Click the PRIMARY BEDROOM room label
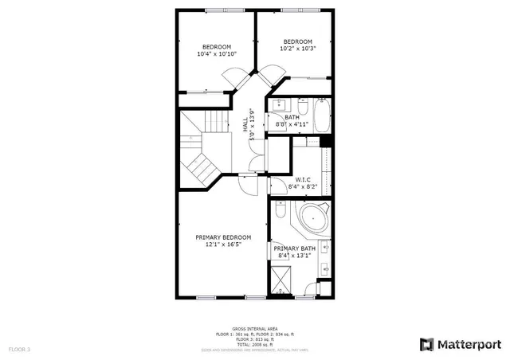pyautogui.click(x=223, y=237)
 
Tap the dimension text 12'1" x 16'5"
pyautogui.click(x=223, y=245)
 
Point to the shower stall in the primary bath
pyautogui.click(x=281, y=280)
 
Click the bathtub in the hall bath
pyautogui.click(x=322, y=115)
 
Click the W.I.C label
pyautogui.click(x=303, y=179)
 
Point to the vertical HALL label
pyautogui.click(x=245, y=125)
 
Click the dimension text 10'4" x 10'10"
pyautogui.click(x=216, y=54)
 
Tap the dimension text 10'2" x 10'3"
pyautogui.click(x=297, y=49)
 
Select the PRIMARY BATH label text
pyautogui.click(x=295, y=248)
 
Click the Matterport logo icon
pyautogui.click(x=426, y=344)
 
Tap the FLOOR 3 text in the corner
pyautogui.click(x=19, y=349)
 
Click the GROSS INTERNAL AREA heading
pyautogui.click(x=254, y=328)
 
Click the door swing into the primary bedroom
pyautogui.click(x=248, y=184)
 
